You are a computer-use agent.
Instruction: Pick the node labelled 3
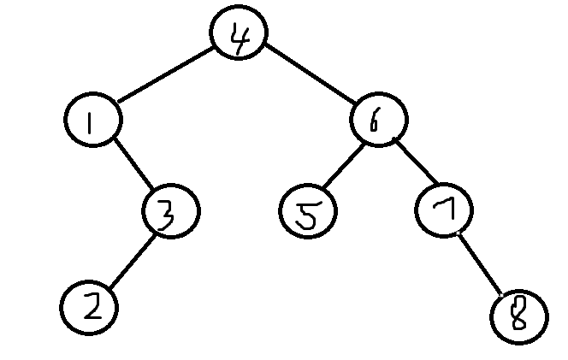(170, 211)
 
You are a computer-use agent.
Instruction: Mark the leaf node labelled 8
(519, 316)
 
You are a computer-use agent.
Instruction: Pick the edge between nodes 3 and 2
(130, 259)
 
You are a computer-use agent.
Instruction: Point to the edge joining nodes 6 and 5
(344, 168)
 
